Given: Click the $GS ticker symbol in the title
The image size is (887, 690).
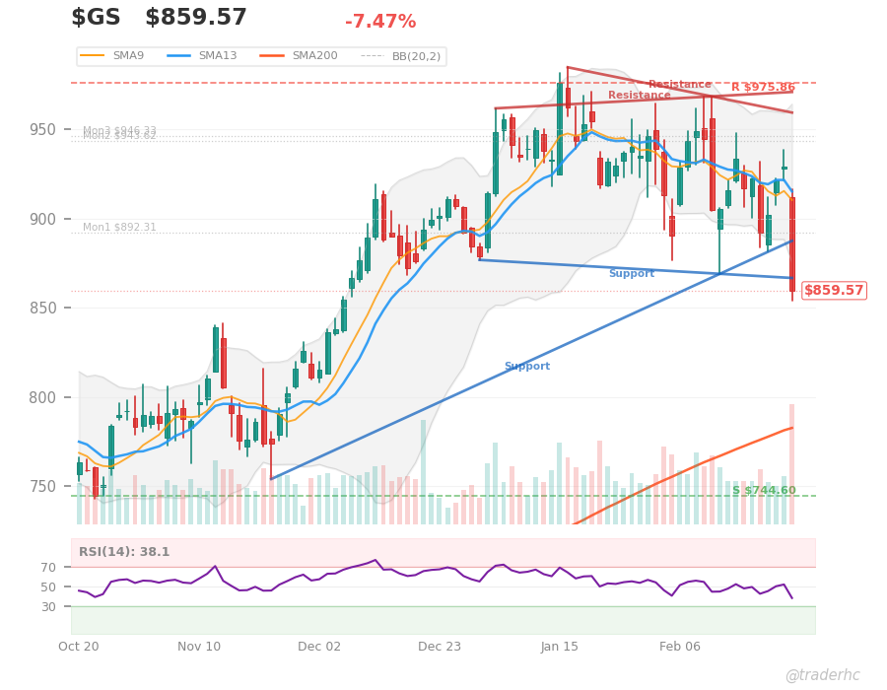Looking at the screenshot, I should point(96,18).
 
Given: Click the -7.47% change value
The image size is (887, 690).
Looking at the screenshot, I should point(380,22).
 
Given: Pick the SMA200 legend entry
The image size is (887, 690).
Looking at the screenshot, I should point(306,56).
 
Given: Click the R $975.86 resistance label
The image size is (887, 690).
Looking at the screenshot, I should point(763,88).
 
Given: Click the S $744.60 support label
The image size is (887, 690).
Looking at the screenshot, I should point(764,491).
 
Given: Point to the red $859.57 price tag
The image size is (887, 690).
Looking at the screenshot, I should point(834,291).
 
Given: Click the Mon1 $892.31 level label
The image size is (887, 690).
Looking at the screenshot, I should point(119,228).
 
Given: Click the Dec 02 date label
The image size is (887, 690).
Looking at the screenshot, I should point(319,647).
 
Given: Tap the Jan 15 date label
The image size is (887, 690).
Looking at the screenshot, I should point(560,647).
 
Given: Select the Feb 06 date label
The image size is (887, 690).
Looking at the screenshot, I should point(680,647).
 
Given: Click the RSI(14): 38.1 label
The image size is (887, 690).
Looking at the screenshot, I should point(124,552).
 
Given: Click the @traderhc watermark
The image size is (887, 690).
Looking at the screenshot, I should point(822,675).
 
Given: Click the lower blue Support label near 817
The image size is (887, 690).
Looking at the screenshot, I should point(527,367).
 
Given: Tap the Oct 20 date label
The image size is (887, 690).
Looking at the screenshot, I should point(79,647).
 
